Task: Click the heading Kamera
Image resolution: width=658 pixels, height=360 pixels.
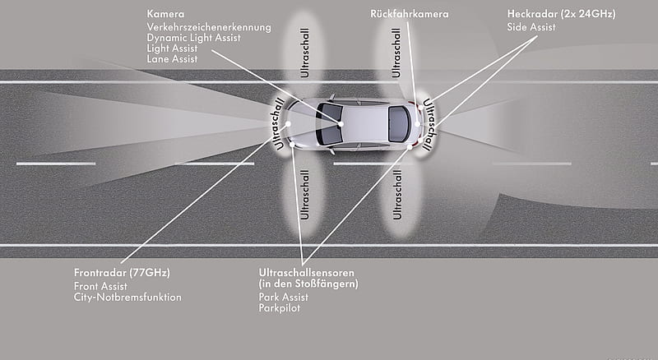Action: point(165,14)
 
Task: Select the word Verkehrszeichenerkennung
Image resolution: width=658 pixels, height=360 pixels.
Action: point(209,27)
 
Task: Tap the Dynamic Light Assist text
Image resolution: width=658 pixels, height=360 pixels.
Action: point(193,38)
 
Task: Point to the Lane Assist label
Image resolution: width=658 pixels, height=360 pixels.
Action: point(172,59)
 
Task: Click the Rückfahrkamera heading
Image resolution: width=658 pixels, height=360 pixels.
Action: point(409,14)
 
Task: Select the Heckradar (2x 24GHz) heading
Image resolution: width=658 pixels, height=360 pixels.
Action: point(561,14)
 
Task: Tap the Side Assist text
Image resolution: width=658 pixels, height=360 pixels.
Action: point(531,27)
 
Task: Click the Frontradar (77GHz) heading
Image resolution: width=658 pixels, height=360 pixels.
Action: point(122,273)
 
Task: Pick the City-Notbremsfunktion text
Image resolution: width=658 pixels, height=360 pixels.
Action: point(127,297)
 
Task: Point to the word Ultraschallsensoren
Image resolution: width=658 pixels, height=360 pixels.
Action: point(306,273)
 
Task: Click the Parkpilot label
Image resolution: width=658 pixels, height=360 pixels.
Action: point(280,308)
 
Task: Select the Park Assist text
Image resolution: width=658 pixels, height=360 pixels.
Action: point(283,297)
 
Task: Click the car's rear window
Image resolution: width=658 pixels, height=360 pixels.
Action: point(398,124)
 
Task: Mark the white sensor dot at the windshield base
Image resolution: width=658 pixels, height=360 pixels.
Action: point(341,124)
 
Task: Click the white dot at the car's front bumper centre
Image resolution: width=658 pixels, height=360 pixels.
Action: point(288,124)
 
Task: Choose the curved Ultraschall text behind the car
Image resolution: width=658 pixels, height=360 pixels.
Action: point(428,124)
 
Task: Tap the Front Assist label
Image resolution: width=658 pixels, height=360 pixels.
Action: point(100,286)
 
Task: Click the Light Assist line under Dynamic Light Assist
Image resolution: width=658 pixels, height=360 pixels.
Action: point(172,48)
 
